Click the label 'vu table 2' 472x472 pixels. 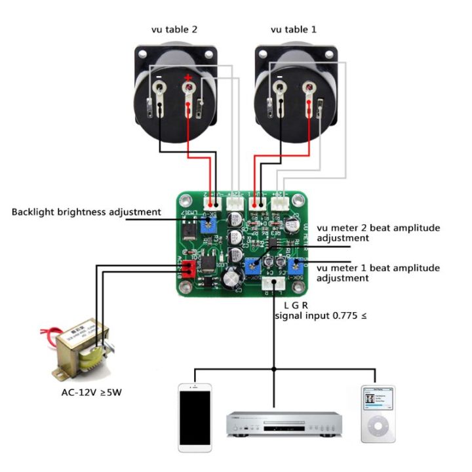pos(173,29)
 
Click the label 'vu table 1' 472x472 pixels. pos(294,29)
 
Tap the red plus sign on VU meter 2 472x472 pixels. pos(188,78)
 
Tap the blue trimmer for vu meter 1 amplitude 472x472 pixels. pos(297,265)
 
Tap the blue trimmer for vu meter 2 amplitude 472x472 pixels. pos(251,265)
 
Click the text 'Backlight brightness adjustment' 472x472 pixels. pos(86,212)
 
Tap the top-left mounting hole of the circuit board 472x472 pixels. pos(183,199)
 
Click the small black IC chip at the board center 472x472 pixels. pos(271,243)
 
